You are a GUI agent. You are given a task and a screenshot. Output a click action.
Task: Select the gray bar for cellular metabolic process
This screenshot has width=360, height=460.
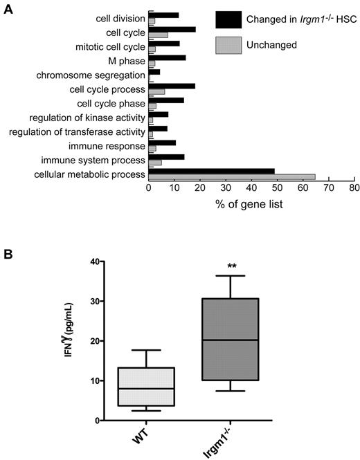pyautogui.click(x=232, y=177)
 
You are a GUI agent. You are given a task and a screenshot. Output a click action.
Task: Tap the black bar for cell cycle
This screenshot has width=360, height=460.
pyautogui.click(x=172, y=30)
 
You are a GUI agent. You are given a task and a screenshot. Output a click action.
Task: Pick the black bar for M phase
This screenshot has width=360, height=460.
pyautogui.click(x=167, y=57)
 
